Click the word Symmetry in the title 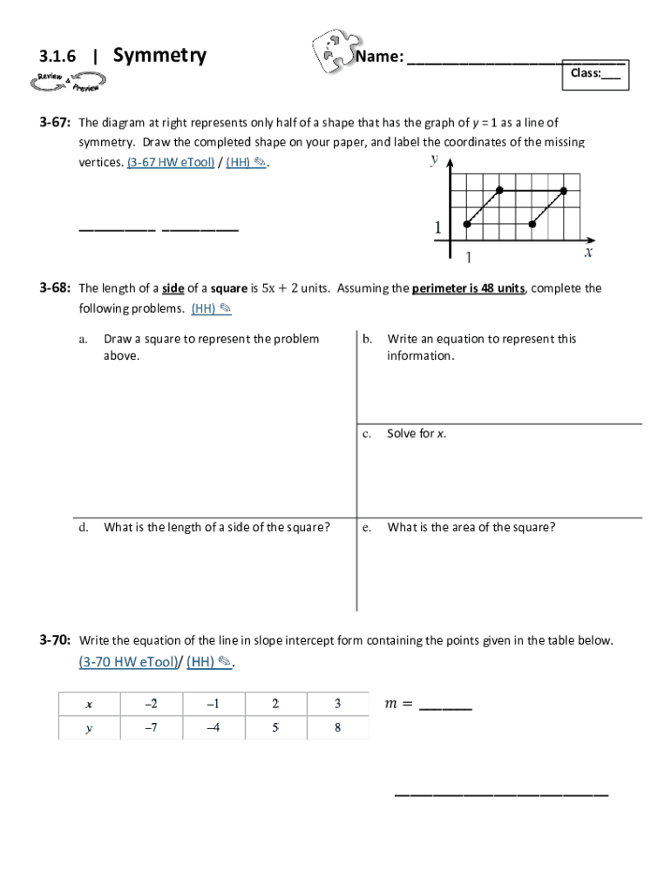[159, 56]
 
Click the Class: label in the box [586, 73]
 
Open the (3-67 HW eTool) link [171, 162]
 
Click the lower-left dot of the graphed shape [467, 224]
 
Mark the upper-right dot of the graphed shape [564, 191]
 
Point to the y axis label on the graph [434, 160]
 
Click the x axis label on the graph [588, 253]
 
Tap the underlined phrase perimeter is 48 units [468, 288]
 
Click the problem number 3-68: [54, 288]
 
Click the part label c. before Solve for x [368, 434]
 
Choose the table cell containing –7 [151, 728]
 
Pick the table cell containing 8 [337, 728]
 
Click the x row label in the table [89, 704]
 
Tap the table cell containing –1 [213, 704]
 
